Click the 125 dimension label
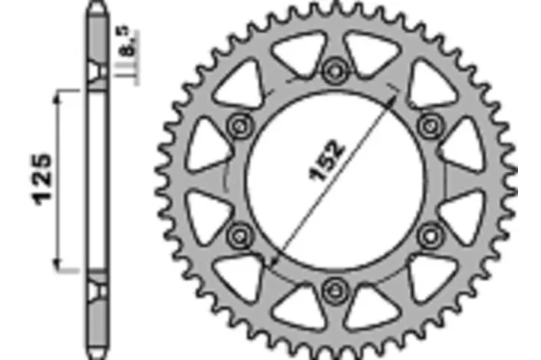pyautogui.click(x=41, y=180)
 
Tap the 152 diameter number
pyautogui.click(x=326, y=161)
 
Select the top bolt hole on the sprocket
pyautogui.click(x=335, y=71)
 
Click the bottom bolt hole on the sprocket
pyautogui.click(x=334, y=292)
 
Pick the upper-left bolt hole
pyautogui.click(x=239, y=127)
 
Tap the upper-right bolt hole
pyautogui.click(x=430, y=127)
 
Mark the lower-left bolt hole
pyautogui.click(x=239, y=236)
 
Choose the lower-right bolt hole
pyautogui.click(x=430, y=236)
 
